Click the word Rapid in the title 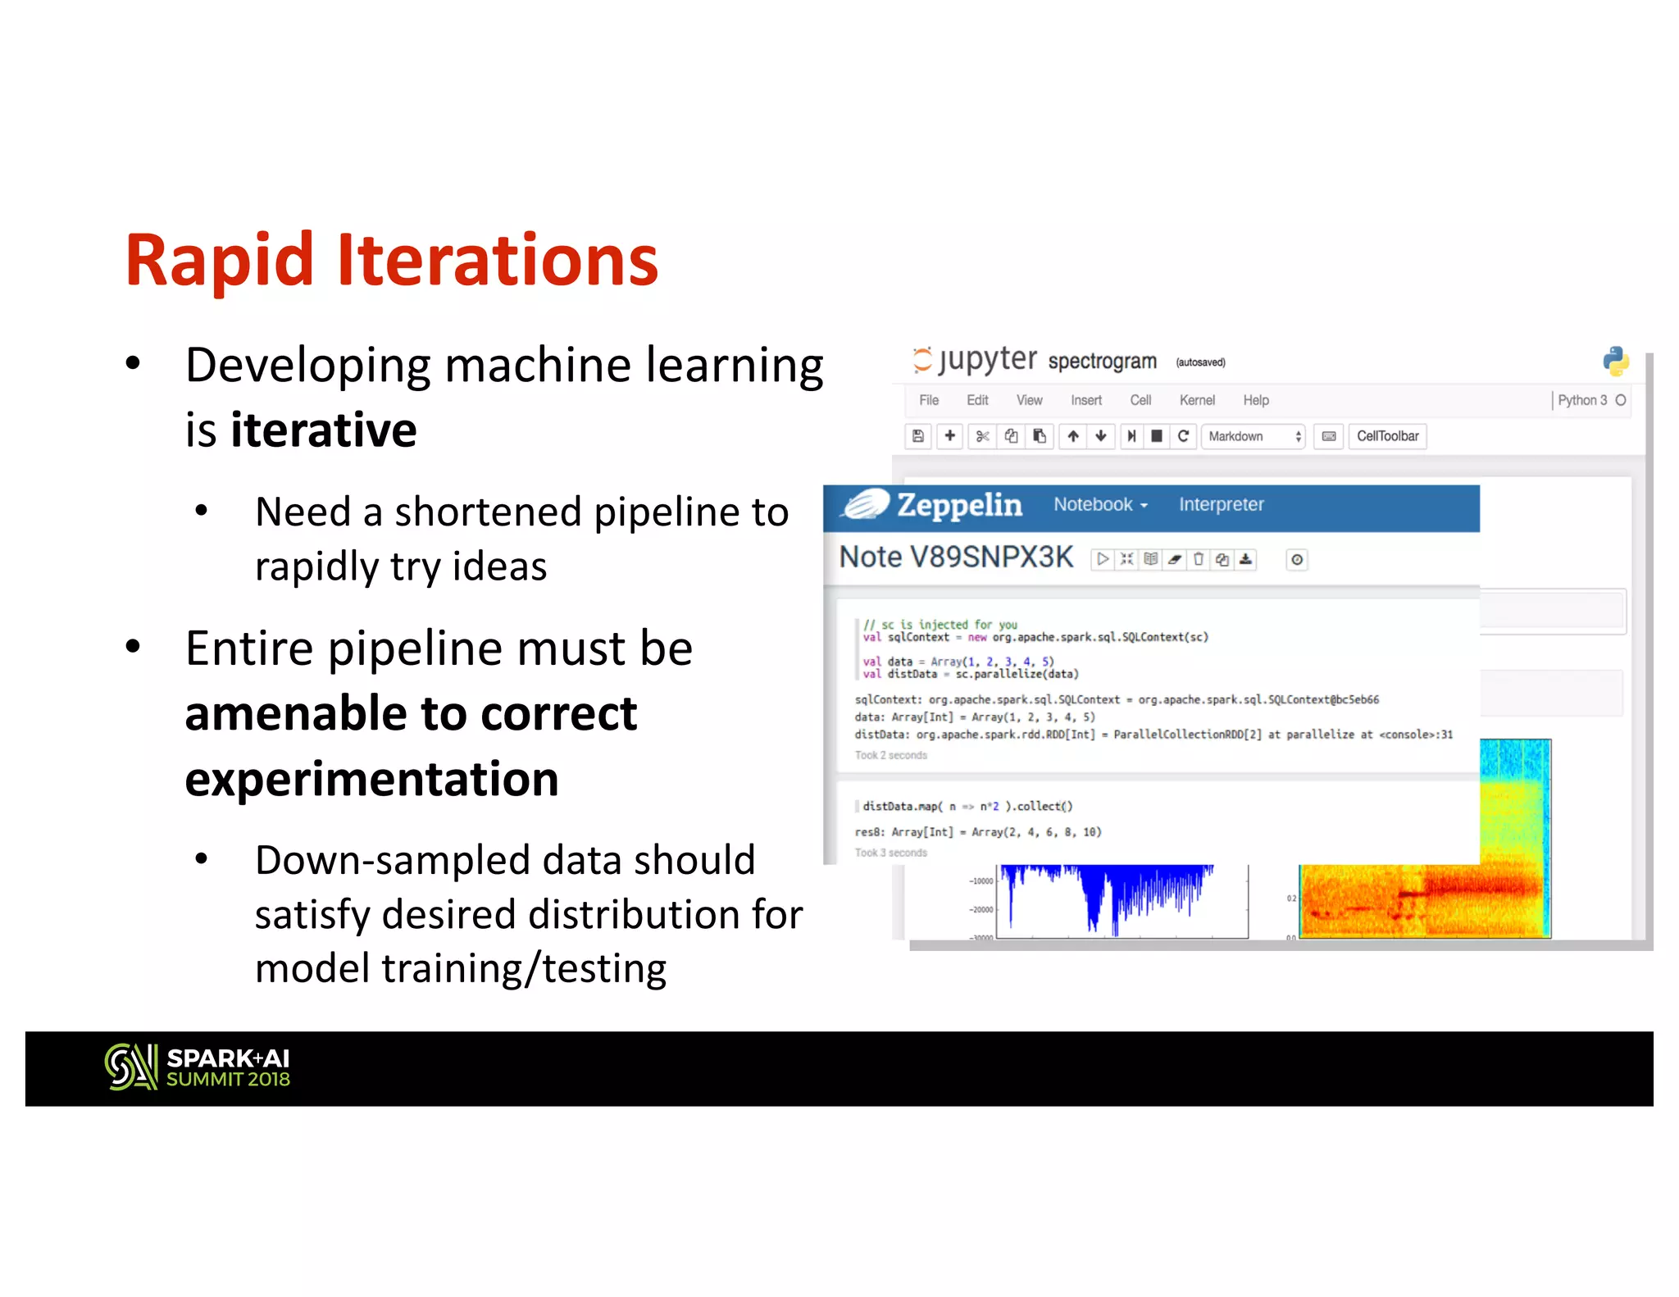click(219, 261)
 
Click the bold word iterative click(323, 430)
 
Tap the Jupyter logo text click(987, 359)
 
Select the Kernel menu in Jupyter click(1196, 400)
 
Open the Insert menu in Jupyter click(1085, 400)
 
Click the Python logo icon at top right click(1615, 361)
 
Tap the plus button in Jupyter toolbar click(949, 436)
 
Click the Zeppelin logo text click(958, 505)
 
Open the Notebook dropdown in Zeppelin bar click(1099, 505)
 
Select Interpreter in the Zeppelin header click(1221, 505)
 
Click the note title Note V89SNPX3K click(956, 557)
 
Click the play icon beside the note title click(1103, 559)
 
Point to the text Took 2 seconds click(890, 755)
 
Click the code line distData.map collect click(967, 806)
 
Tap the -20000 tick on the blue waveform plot click(981, 909)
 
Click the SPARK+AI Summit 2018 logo click(198, 1067)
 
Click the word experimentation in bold click(371, 779)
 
